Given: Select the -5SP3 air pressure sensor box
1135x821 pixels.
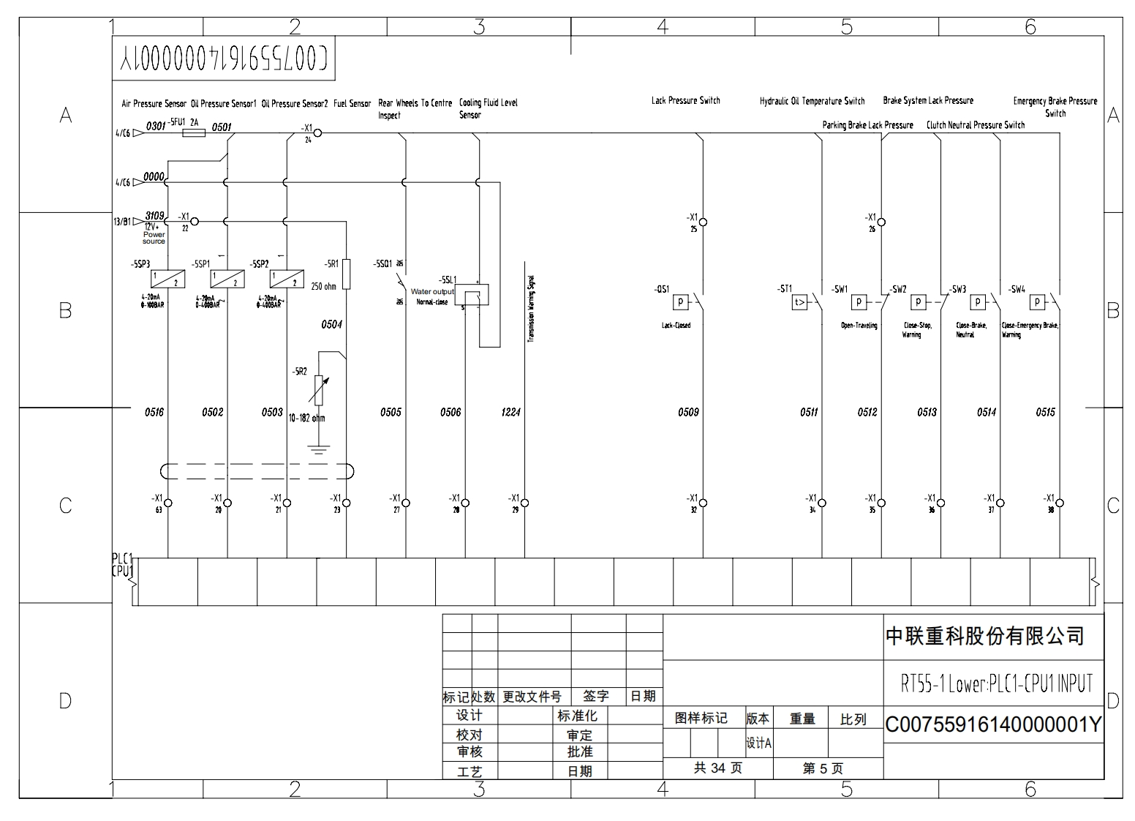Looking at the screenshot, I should tap(167, 279).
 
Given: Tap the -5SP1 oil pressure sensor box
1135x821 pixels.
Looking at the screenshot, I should tap(227, 279).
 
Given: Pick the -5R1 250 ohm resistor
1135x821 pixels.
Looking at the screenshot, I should tap(347, 274).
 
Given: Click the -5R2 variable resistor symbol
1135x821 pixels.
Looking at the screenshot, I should tap(318, 390).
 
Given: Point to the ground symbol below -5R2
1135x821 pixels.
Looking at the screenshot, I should tap(318, 448).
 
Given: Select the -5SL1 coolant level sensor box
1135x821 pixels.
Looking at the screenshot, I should tap(476, 295).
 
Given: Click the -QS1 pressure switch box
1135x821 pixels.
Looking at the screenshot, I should tap(680, 301).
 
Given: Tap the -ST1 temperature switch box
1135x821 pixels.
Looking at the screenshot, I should tap(799, 301).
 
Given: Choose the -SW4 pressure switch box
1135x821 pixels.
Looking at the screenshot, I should tap(1037, 301).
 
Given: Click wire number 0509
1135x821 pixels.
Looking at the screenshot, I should tap(688, 413).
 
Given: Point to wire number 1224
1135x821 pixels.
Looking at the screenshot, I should tap(510, 413).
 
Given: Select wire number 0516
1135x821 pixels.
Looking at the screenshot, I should tap(154, 413).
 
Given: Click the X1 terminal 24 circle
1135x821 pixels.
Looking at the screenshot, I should tap(317, 133).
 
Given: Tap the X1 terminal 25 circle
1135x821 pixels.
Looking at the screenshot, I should tap(703, 222).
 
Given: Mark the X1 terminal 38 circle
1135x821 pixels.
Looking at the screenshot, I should tap(1060, 503).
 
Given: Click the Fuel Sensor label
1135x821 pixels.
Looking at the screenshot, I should tap(352, 104).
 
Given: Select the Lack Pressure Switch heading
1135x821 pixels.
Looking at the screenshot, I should tap(685, 100).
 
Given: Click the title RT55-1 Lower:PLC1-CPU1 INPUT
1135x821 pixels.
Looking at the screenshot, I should tap(997, 684).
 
